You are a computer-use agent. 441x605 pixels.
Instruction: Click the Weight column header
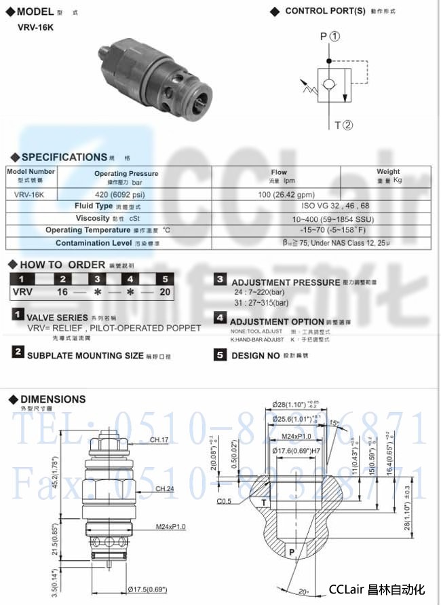(x=388, y=175)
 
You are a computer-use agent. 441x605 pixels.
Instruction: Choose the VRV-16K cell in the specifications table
(x=30, y=194)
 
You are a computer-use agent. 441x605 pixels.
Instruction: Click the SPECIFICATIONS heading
(x=64, y=158)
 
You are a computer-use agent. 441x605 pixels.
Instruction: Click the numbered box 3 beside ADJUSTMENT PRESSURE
(x=220, y=279)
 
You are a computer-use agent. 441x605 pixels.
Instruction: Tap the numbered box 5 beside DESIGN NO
(x=220, y=354)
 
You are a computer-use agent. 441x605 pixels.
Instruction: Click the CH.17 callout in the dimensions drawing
(x=159, y=440)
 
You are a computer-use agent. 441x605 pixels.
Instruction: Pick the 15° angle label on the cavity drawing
(x=334, y=424)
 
